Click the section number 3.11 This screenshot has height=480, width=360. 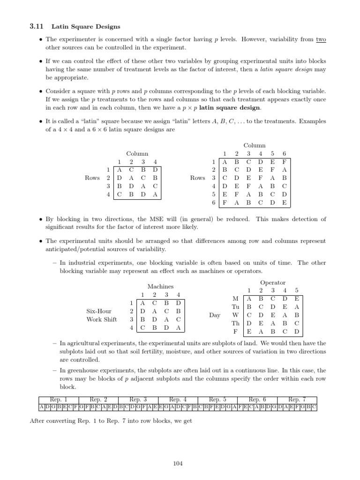36,27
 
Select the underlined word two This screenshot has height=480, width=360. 321,40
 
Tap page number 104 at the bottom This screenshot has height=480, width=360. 178,464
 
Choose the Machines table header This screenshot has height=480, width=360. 160,286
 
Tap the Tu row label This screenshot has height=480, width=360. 235,307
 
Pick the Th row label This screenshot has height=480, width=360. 235,323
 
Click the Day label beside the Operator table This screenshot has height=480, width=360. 215,315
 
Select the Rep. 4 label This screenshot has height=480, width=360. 178,399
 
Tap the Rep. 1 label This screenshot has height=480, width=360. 59,399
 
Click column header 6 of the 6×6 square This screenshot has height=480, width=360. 284,154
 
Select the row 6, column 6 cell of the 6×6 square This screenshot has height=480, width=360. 284,203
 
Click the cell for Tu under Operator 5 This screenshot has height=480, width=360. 297,307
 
